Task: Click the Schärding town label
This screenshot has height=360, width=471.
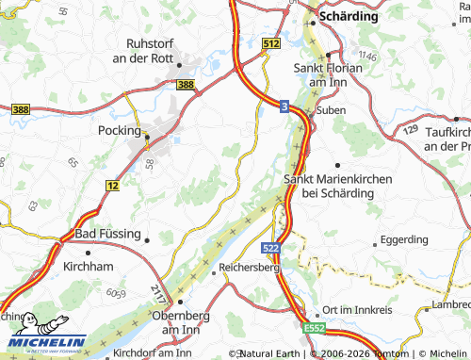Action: tap(349, 17)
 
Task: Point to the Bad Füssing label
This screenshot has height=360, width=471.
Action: tap(107, 233)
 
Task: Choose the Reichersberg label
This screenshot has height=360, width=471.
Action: tap(250, 268)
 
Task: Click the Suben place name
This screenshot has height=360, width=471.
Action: tap(331, 110)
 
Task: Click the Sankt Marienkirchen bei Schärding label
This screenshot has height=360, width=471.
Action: tap(329, 185)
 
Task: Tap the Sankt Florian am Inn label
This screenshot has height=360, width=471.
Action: tap(330, 74)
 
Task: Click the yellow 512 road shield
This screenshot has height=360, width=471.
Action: tap(271, 43)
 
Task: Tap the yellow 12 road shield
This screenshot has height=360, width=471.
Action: tap(112, 187)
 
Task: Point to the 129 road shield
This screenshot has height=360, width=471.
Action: tap(412, 129)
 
